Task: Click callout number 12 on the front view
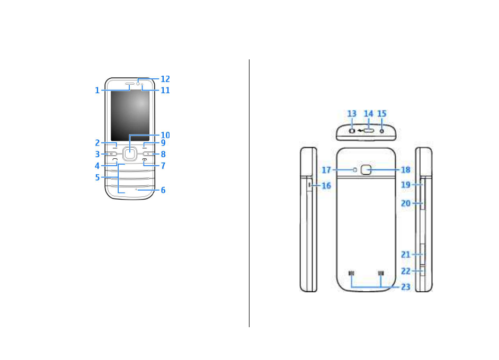(165, 79)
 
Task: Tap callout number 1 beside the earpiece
(97, 91)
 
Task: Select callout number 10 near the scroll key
(165, 135)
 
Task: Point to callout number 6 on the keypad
(163, 190)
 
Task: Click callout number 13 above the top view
(352, 114)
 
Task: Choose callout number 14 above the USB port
(369, 114)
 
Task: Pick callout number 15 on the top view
(382, 114)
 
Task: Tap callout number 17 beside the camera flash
(327, 170)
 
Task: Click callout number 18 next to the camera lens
(406, 170)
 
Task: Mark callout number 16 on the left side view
(326, 186)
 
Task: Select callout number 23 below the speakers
(406, 287)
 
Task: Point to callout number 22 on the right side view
(406, 271)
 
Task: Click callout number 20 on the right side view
(406, 203)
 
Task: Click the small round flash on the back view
(355, 169)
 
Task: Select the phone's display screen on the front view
(130, 111)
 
